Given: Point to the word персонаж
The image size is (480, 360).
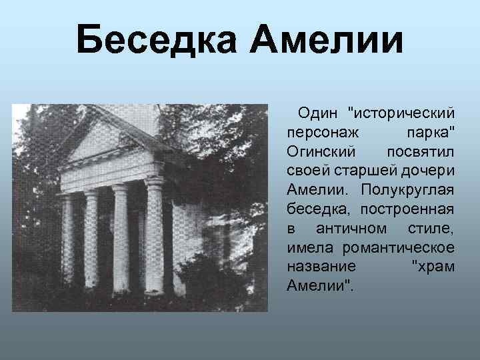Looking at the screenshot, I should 319,127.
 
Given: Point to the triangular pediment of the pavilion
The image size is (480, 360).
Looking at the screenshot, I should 107,143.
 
